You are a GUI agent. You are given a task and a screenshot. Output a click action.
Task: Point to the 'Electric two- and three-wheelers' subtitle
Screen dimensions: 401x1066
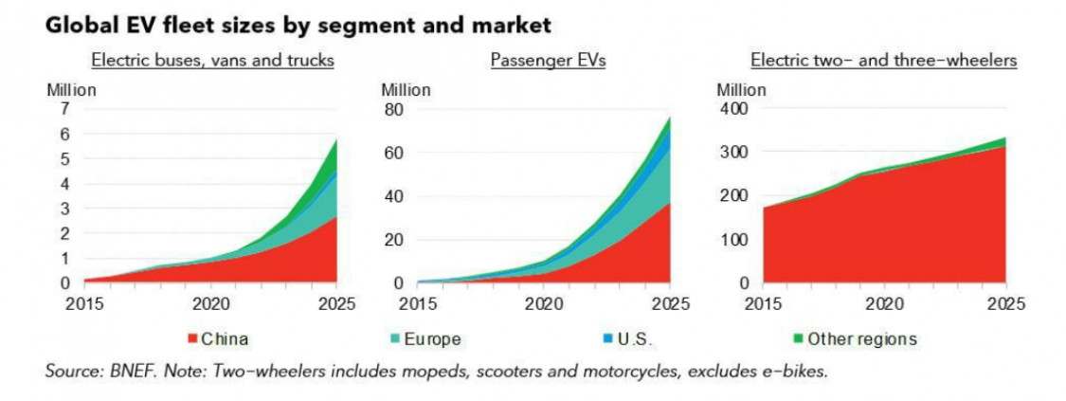point(883,61)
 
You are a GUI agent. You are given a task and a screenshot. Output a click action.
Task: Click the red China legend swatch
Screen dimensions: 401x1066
point(194,337)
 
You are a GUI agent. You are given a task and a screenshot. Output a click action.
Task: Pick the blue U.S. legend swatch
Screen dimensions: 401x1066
point(608,337)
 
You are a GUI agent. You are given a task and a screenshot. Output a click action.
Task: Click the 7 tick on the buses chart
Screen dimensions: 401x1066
point(64,108)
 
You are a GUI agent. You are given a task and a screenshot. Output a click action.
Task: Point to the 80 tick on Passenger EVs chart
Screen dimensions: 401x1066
point(395,109)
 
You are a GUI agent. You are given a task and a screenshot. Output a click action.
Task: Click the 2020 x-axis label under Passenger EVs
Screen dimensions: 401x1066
point(541,303)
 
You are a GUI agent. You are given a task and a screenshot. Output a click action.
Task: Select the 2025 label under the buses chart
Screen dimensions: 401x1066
point(336,303)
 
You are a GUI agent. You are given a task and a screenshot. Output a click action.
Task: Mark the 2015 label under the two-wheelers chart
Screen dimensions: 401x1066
point(762,303)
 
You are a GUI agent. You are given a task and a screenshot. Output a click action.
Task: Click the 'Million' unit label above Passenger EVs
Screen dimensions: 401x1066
point(406,90)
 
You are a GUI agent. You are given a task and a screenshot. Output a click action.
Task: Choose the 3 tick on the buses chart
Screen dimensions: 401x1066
point(64,209)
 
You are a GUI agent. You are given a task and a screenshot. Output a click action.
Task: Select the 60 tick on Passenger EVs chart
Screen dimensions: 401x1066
point(395,153)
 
